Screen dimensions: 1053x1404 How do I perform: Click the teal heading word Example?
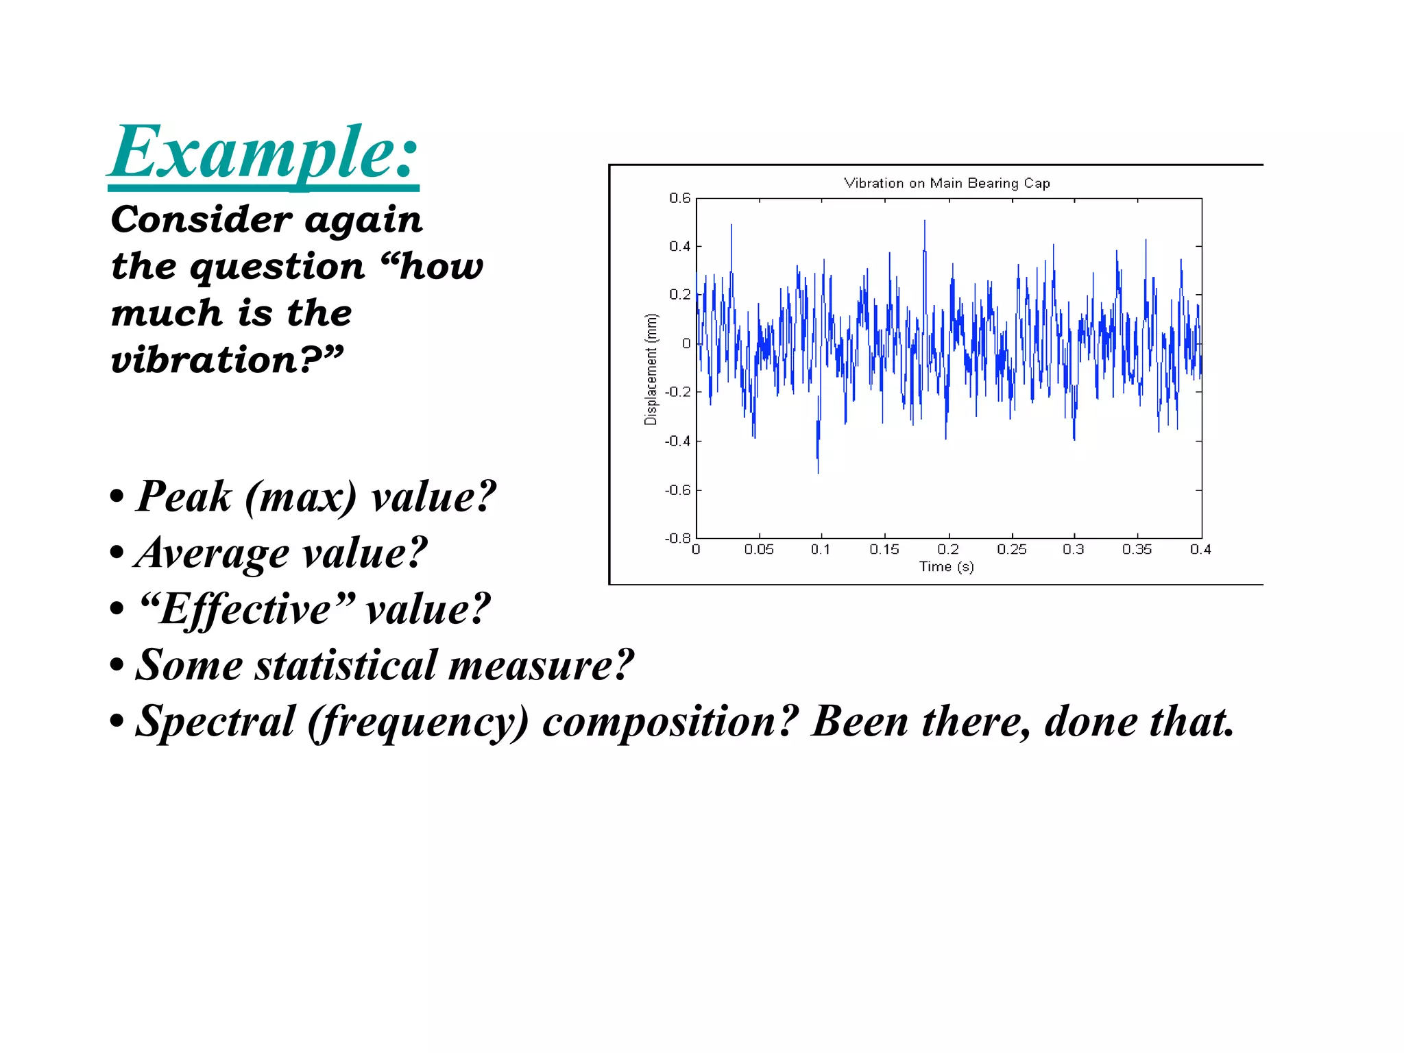click(x=263, y=152)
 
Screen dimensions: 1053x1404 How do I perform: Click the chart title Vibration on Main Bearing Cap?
click(x=946, y=183)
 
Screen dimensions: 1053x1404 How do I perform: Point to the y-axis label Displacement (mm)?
click(x=651, y=369)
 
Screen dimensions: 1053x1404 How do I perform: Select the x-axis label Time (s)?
click(x=946, y=566)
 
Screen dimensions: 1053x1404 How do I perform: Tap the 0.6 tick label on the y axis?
click(x=679, y=198)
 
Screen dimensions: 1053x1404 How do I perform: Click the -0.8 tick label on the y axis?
click(x=677, y=538)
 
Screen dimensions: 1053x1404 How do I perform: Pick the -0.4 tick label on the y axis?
click(x=677, y=441)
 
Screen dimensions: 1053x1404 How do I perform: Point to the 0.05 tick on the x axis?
click(x=759, y=549)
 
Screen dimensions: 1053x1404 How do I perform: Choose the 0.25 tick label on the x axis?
click(x=1011, y=549)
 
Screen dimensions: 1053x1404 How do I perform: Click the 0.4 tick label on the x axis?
click(x=1200, y=549)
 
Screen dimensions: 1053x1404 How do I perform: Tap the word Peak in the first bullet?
click(x=184, y=496)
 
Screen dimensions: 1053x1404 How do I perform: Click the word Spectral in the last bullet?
click(x=215, y=722)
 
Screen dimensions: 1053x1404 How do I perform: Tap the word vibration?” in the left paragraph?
click(x=226, y=360)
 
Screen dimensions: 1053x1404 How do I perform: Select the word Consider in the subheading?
click(x=202, y=219)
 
